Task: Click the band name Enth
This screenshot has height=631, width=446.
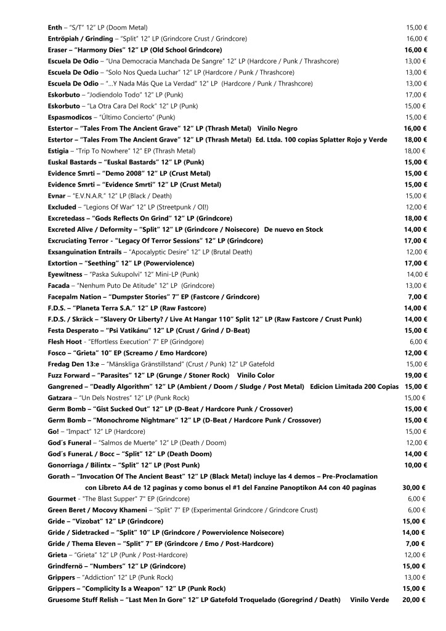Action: [x=55, y=27]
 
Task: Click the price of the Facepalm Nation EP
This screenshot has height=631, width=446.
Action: [x=420, y=296]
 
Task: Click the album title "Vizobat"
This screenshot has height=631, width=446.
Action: [x=92, y=521]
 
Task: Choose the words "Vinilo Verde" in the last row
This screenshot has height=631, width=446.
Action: [x=370, y=600]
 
